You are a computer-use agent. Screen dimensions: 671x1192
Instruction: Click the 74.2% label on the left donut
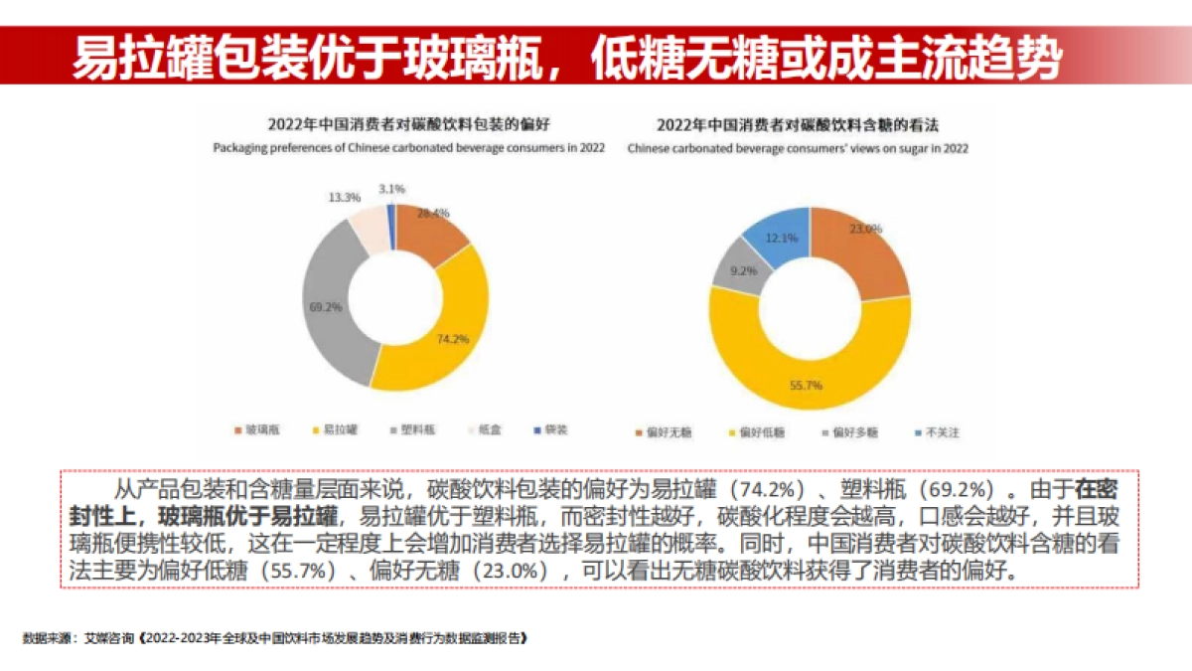[452, 339]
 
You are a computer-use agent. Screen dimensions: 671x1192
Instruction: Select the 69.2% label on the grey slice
[326, 307]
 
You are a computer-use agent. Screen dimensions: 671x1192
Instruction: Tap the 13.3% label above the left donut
[344, 197]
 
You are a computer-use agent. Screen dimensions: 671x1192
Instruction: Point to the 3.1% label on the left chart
[391, 188]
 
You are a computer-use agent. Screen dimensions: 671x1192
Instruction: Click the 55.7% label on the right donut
[806, 385]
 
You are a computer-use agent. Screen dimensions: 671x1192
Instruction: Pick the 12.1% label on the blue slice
[783, 238]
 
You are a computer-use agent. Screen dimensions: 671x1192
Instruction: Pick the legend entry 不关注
[937, 432]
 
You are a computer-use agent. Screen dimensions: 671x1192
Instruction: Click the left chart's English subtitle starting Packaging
[408, 147]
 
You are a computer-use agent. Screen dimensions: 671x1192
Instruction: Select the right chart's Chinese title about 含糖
[798, 125]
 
